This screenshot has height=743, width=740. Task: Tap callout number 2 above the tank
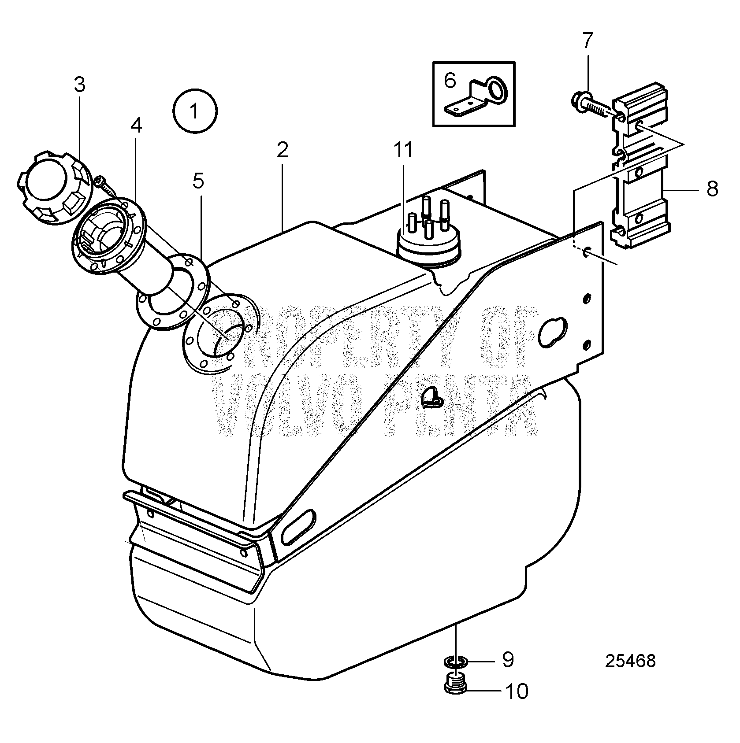[x=283, y=151]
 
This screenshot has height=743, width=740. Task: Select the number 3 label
[x=79, y=85]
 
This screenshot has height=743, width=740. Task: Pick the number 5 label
[x=199, y=181]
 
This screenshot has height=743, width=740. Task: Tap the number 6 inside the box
[x=450, y=81]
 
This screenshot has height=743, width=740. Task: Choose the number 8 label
[x=712, y=189]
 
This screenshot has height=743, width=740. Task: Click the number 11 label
[x=404, y=150]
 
